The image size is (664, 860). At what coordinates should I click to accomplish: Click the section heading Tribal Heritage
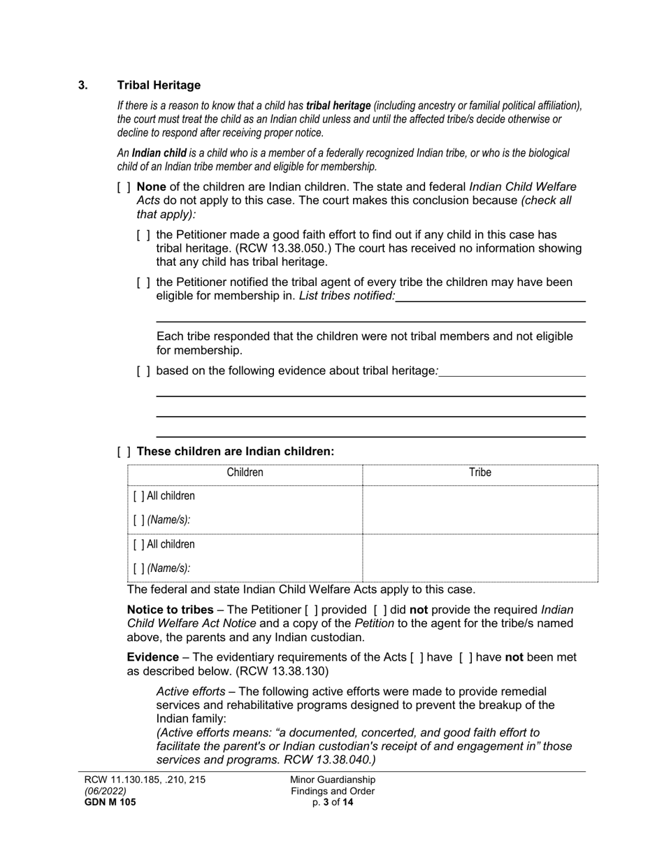[159, 85]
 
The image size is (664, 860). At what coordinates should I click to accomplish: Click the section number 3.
[83, 85]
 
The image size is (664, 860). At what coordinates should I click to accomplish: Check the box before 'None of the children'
[124, 187]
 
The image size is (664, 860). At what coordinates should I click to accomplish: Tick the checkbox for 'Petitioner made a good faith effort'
[143, 235]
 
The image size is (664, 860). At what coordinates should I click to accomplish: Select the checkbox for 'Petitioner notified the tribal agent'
[143, 282]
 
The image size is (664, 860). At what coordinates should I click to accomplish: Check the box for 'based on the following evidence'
[143, 371]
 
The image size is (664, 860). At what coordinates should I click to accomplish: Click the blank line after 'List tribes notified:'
[490, 296]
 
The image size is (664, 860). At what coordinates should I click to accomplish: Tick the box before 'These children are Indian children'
[124, 452]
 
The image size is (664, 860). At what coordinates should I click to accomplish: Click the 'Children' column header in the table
[245, 473]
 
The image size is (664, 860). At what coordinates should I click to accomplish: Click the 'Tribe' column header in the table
[479, 473]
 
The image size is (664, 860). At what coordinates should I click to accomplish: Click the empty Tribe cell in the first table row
[479, 509]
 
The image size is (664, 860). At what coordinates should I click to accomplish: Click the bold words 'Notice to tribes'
[170, 610]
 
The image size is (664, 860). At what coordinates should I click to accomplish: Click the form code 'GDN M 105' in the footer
[110, 803]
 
